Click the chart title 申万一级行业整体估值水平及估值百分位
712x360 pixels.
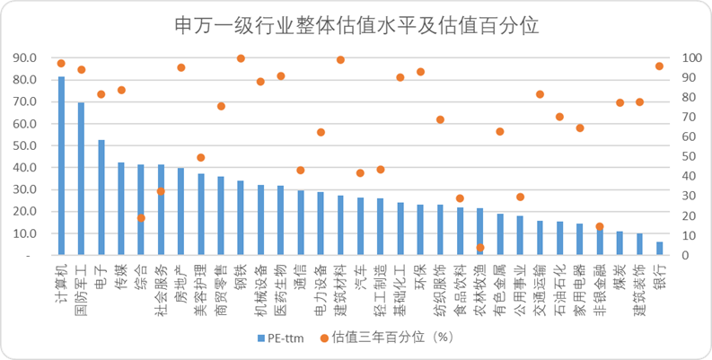[356, 24]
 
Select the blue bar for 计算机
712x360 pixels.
[61, 166]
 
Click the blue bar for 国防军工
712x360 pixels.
[81, 179]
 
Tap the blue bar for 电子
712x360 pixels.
[101, 198]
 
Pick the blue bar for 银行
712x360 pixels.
[659, 249]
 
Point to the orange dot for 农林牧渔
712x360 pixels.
[480, 247]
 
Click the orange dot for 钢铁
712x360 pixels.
[241, 58]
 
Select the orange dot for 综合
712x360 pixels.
[141, 218]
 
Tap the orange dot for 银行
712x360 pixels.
[659, 66]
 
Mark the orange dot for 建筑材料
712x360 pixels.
[340, 60]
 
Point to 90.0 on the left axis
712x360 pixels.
[24, 58]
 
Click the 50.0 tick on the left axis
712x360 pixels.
[24, 145]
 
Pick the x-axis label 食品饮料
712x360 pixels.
[460, 285]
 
